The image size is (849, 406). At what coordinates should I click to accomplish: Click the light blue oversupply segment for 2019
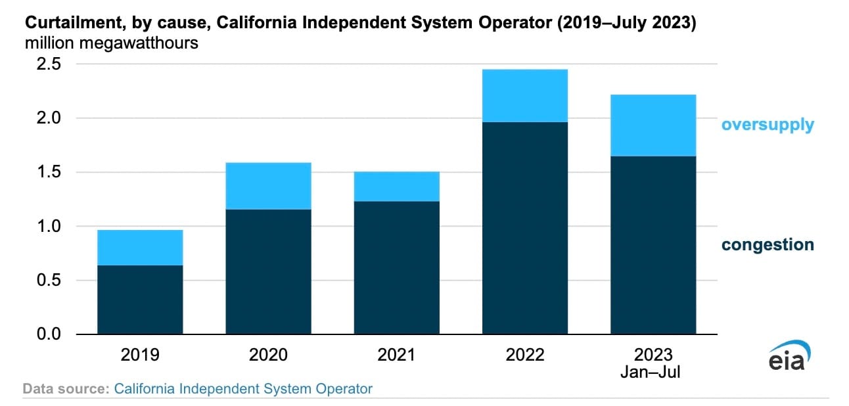140,248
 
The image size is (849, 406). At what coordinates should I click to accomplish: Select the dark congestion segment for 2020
268,271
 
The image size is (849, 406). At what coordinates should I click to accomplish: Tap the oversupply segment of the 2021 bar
396,187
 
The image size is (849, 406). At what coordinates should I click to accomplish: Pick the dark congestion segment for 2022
524,228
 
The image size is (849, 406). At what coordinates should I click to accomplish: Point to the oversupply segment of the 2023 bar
653,125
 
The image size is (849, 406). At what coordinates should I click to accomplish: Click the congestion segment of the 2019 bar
140,300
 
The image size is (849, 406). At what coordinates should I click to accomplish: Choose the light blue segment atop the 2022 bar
524,96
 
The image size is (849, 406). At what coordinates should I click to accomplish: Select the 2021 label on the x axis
396,355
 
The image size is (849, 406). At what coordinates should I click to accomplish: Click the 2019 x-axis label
140,355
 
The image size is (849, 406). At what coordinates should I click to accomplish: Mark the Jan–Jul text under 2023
651,372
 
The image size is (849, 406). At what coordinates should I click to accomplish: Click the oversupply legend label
768,125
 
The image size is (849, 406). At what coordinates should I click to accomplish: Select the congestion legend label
768,245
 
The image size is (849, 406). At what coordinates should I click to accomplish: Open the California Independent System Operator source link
243,389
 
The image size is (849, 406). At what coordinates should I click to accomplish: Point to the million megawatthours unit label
112,44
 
